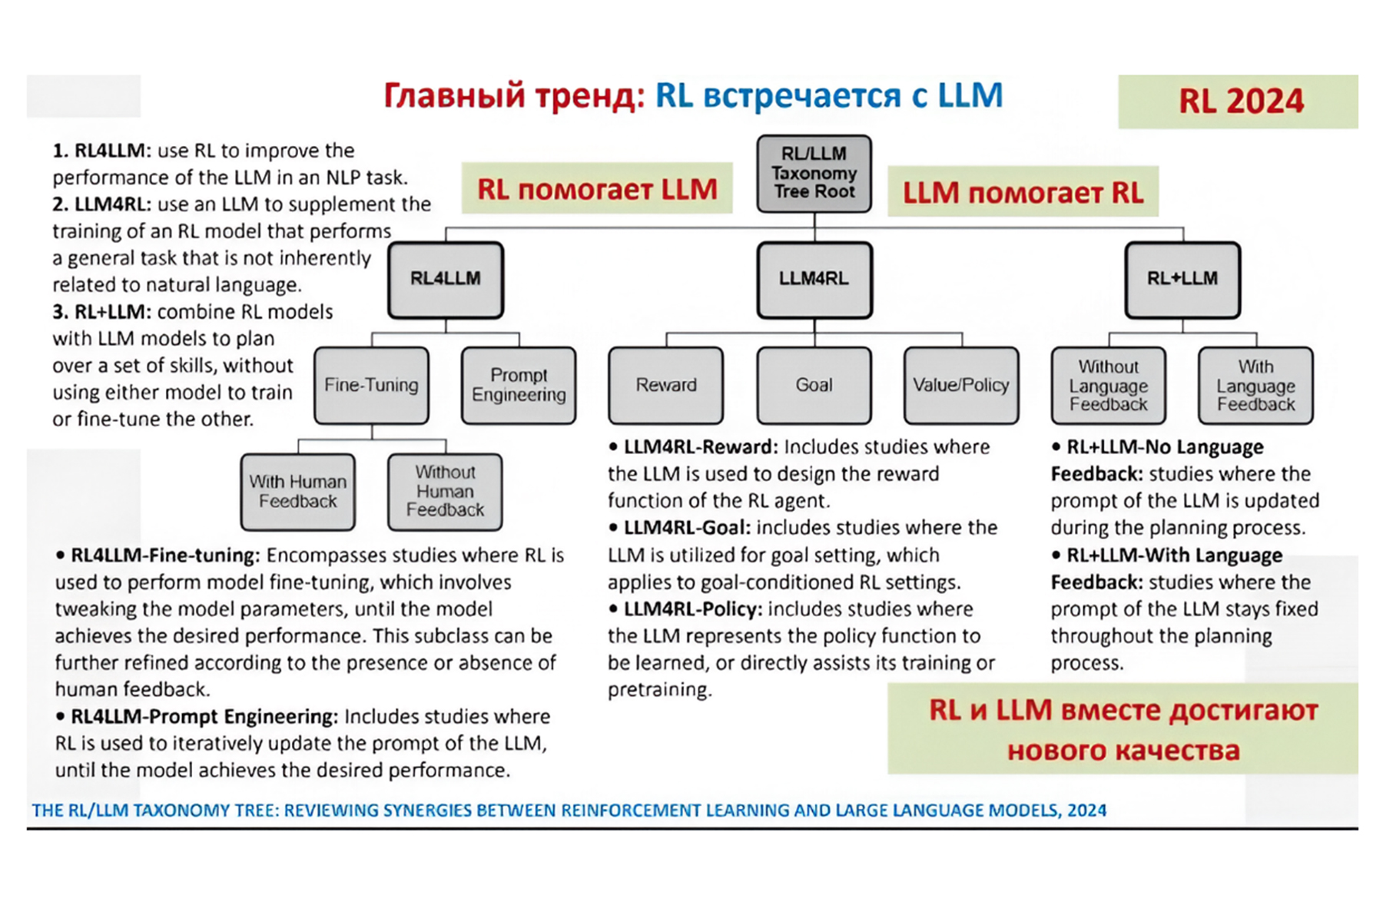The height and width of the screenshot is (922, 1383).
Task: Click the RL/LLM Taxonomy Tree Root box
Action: (x=814, y=174)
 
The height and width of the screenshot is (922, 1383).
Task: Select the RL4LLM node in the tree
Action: (x=446, y=280)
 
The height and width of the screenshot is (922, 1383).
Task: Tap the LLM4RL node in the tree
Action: (x=814, y=280)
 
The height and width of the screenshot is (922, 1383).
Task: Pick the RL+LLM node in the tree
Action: (x=1182, y=280)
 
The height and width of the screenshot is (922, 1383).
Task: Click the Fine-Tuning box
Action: (x=371, y=385)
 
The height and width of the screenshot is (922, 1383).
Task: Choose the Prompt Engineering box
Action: (x=519, y=385)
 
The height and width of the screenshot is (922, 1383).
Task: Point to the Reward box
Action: (x=666, y=385)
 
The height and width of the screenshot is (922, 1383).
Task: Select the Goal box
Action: (x=814, y=385)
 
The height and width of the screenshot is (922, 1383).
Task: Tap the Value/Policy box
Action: (x=961, y=385)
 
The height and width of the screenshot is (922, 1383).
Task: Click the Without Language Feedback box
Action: (x=1108, y=385)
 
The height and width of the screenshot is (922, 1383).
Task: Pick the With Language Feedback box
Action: (x=1255, y=385)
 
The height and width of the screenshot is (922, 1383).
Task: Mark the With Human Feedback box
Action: (x=297, y=492)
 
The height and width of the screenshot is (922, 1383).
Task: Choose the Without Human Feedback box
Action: (x=445, y=492)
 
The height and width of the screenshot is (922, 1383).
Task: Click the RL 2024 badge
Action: (x=1240, y=101)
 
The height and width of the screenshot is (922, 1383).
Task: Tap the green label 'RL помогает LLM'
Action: (x=597, y=189)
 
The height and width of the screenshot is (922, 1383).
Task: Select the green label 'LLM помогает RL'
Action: (x=1023, y=192)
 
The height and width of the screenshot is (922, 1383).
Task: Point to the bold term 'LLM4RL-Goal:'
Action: (x=686, y=528)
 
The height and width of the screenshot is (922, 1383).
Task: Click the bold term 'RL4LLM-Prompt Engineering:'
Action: (x=204, y=717)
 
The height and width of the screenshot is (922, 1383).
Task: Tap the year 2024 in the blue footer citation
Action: (x=1086, y=811)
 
